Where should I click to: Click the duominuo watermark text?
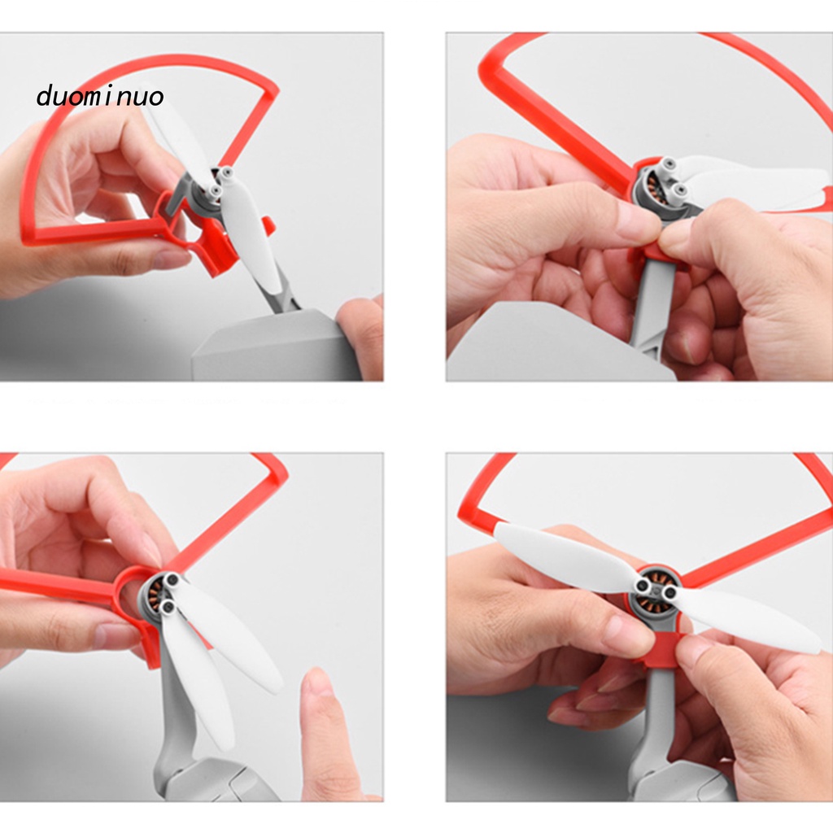point(100,97)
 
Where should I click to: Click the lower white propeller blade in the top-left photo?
point(249,233)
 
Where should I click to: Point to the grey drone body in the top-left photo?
point(277,345)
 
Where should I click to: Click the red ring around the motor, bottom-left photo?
point(130,579)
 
